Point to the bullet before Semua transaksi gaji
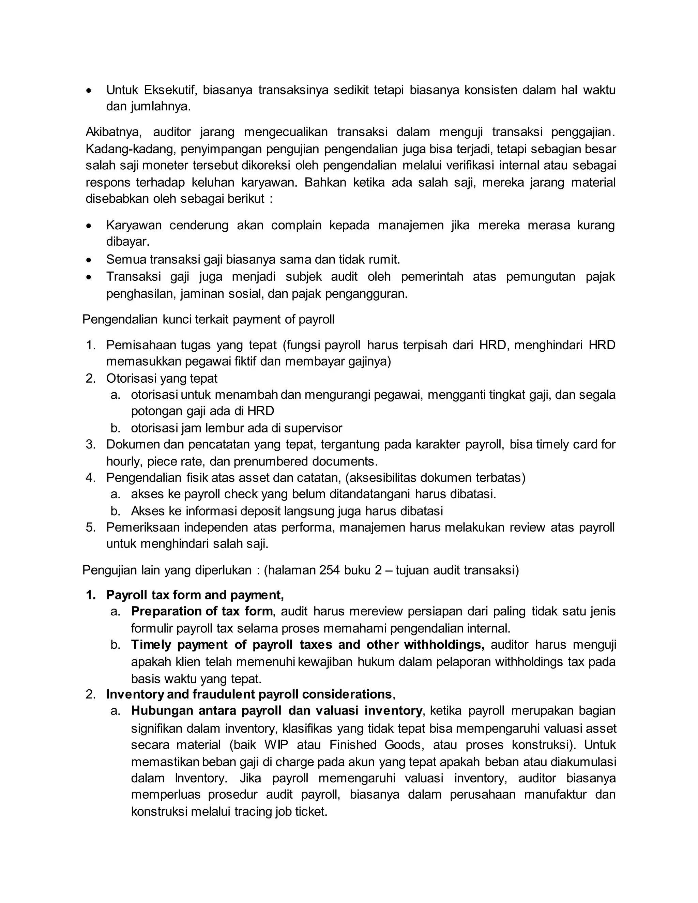tap(89, 260)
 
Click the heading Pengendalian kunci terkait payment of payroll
tap(208, 320)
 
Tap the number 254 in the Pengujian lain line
tap(330, 570)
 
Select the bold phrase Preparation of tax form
tap(202, 612)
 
